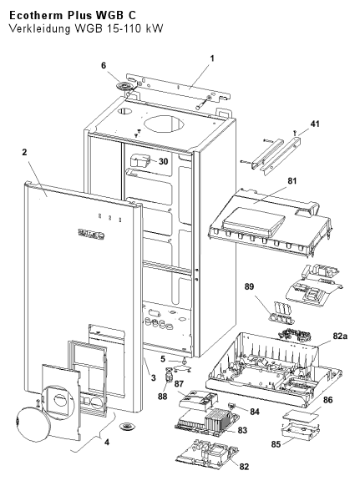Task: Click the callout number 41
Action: pos(315,124)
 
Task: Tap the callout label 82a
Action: pos(340,336)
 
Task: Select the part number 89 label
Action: pos(249,286)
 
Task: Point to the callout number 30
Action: pos(163,161)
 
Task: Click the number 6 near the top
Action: pos(104,65)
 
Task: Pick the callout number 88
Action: pos(162,397)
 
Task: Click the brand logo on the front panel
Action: pos(91,234)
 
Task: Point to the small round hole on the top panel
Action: pos(125,111)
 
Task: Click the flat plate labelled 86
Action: pos(302,415)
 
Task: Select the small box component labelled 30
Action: pos(141,160)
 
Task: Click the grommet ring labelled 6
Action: pos(124,86)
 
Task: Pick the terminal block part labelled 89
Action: pos(282,312)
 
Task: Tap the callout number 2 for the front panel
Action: pos(24,153)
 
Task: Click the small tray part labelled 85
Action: pos(301,432)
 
